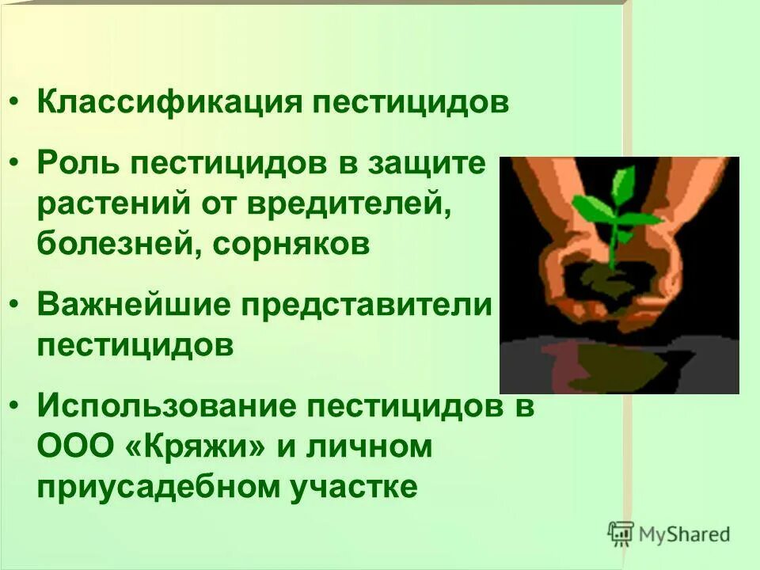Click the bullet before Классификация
17,104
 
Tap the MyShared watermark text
685,534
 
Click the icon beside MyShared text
622,533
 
